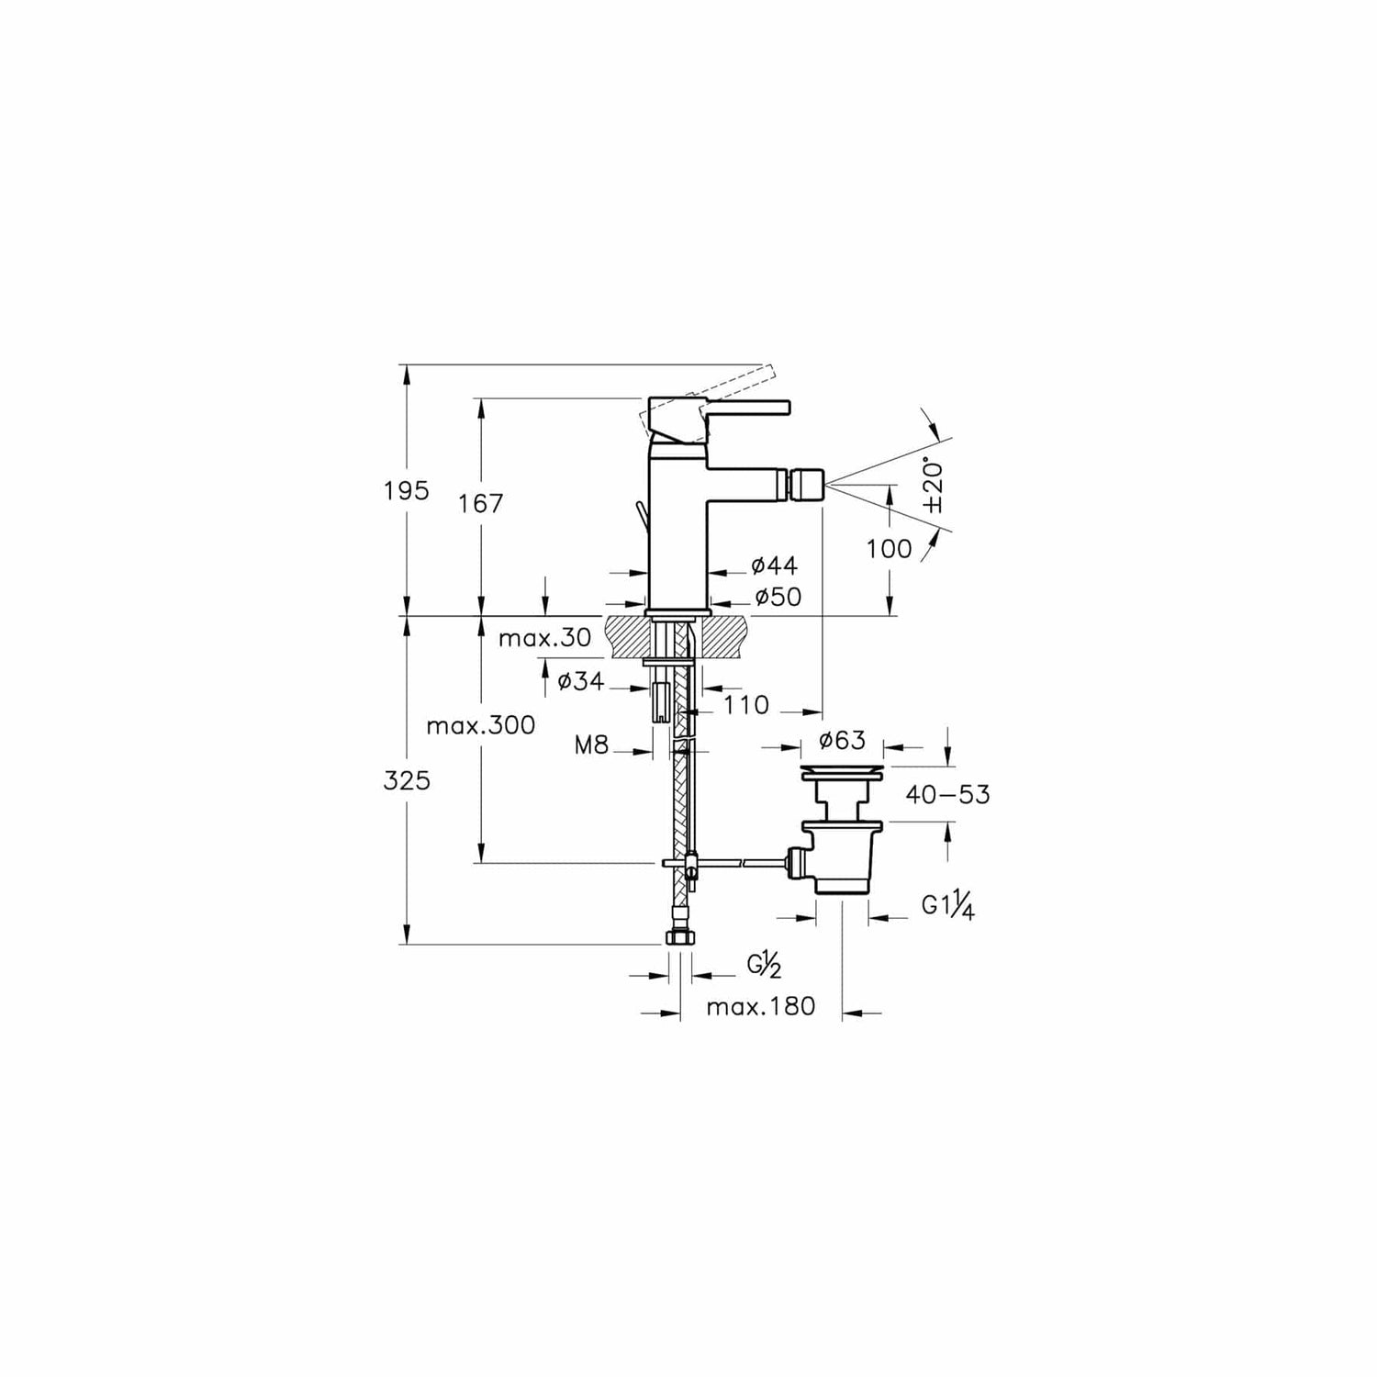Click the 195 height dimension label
coord(407,491)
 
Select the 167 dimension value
coord(482,503)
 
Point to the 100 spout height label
coord(890,549)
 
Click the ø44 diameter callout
coord(774,565)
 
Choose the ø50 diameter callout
coord(778,598)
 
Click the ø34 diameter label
coord(581,681)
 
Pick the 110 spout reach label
coord(745,705)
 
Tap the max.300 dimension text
coord(481,725)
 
